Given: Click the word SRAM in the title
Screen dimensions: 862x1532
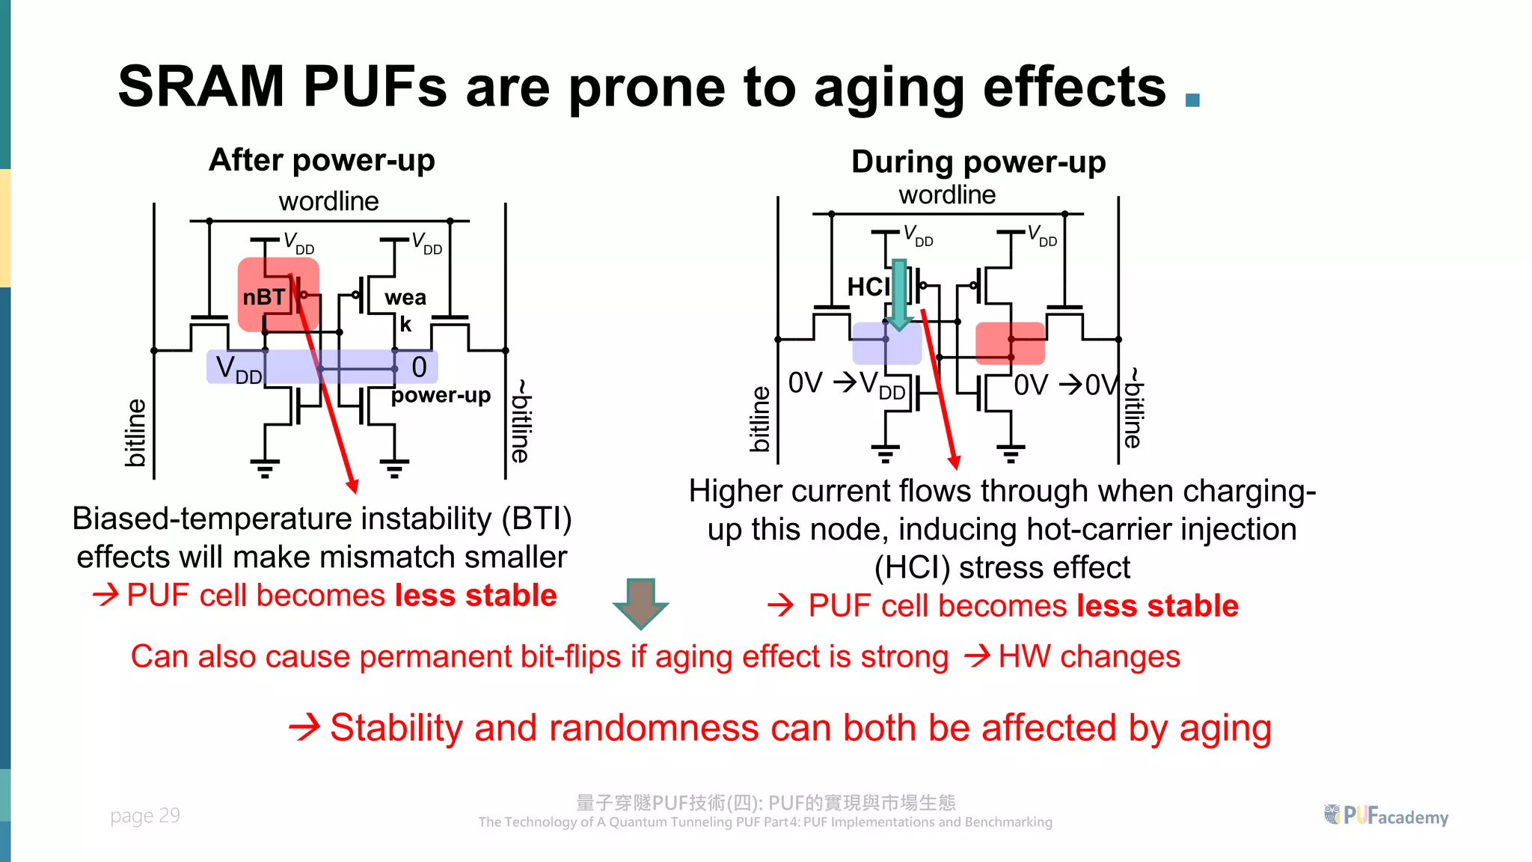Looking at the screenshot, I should [200, 87].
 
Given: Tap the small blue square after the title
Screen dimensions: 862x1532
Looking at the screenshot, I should [1192, 100].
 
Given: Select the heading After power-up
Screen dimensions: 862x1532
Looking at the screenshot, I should [322, 160].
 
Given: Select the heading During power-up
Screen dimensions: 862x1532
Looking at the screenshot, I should [978, 162].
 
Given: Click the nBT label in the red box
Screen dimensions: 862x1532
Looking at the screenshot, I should [263, 297].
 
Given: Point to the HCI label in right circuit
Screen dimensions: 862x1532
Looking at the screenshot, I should [868, 287].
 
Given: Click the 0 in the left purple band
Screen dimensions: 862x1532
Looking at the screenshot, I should [419, 367].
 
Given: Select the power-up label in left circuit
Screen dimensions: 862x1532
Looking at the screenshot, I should [441, 395].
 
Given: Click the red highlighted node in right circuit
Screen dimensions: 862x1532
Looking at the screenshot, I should [1010, 343].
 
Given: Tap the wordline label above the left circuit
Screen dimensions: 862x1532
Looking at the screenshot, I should [328, 201].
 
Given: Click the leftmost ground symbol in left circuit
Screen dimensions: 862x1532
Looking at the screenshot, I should [265, 468].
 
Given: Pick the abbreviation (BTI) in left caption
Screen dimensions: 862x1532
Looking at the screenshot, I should [536, 519].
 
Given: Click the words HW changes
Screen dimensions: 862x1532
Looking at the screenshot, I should [1088, 657].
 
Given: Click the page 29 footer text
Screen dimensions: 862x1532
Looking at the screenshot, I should [145, 816].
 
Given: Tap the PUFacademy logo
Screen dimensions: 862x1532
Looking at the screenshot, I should [1385, 816].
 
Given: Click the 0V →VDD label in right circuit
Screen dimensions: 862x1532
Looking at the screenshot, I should [846, 384].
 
